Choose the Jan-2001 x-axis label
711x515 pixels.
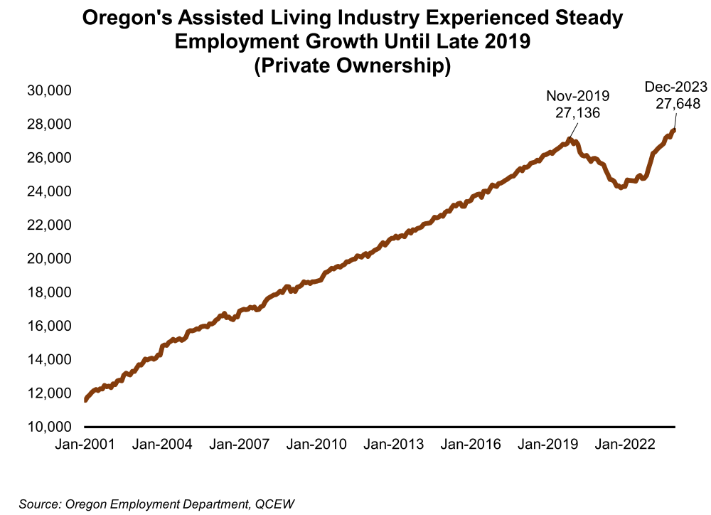[85, 445]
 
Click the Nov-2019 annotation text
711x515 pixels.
[577, 96]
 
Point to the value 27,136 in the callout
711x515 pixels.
[577, 112]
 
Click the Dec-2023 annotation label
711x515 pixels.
[675, 87]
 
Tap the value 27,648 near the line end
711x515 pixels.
[675, 103]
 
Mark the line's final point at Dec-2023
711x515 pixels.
[673, 129]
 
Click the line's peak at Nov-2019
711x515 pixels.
[569, 139]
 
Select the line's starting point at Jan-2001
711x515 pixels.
[85, 400]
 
